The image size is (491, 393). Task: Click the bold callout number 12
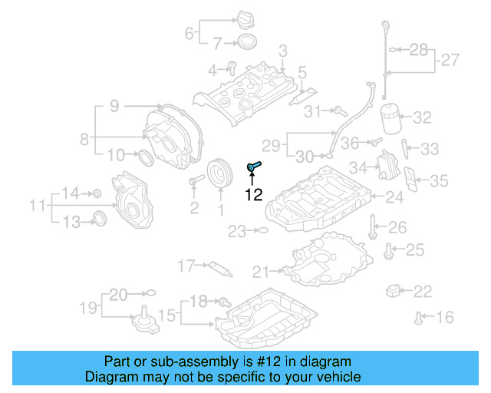(253, 195)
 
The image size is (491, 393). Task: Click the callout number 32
(423, 117)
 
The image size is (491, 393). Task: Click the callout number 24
(394, 197)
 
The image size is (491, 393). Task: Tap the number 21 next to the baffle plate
(261, 270)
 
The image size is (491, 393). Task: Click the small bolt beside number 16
(419, 316)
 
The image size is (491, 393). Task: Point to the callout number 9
(114, 107)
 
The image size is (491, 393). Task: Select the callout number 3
(282, 51)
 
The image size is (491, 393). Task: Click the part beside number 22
(394, 290)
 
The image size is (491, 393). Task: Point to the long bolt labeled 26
(372, 227)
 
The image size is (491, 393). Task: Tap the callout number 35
(439, 181)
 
